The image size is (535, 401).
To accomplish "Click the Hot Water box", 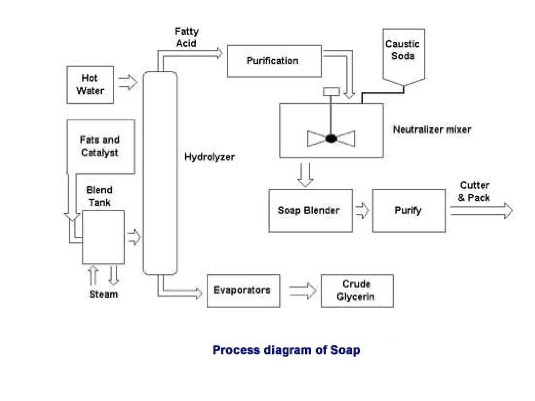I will click(x=90, y=85).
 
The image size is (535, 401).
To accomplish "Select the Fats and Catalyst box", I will click(x=101, y=146).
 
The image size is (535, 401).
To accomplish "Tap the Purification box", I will click(x=274, y=61).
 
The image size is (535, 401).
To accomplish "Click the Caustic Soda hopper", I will click(x=403, y=55).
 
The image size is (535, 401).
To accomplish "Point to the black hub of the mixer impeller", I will click(x=331, y=138).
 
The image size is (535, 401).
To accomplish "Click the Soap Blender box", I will click(x=310, y=210).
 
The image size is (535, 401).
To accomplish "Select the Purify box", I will click(x=409, y=210).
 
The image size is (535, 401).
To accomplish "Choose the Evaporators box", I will click(x=243, y=291).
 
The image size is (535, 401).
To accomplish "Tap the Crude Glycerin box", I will click(x=357, y=291).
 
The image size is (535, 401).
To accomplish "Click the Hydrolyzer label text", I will click(x=209, y=157).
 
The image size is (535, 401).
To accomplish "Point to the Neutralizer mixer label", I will click(x=432, y=129).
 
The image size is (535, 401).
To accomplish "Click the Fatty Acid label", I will click(x=187, y=37).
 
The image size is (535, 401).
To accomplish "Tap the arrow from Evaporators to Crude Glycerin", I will click(x=303, y=291).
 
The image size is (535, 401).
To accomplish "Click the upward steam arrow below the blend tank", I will click(x=93, y=276).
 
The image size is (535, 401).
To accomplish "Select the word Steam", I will click(x=103, y=294).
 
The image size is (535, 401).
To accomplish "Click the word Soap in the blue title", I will click(x=345, y=350).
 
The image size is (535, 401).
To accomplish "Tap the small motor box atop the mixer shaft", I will click(x=331, y=92).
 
